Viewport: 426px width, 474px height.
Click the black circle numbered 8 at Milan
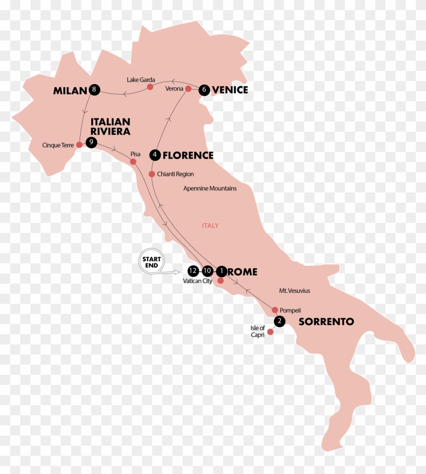pos(94,90)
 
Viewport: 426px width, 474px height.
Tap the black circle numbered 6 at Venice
pos(204,90)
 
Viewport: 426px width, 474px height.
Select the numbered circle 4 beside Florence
pos(155,155)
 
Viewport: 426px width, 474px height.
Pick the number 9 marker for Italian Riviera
pos(91,143)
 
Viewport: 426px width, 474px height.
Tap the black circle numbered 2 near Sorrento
pos(278,321)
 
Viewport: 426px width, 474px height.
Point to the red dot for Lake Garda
pos(150,87)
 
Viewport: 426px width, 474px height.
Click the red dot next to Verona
pos(188,89)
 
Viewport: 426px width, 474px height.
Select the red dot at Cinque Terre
pos(79,145)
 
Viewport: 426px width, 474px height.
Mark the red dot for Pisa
pos(133,162)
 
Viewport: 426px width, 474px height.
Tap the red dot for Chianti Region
pos(152,174)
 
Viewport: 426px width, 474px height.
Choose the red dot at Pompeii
pos(275,310)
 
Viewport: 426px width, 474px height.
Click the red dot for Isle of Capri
pos(270,332)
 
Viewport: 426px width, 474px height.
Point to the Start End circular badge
pos(151,262)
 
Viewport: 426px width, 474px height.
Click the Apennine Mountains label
pos(210,188)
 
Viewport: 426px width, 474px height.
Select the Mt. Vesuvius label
pos(295,291)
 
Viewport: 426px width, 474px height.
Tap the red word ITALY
pos(210,225)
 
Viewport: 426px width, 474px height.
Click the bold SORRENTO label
pos(326,322)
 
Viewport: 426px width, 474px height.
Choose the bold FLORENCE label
pos(188,155)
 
